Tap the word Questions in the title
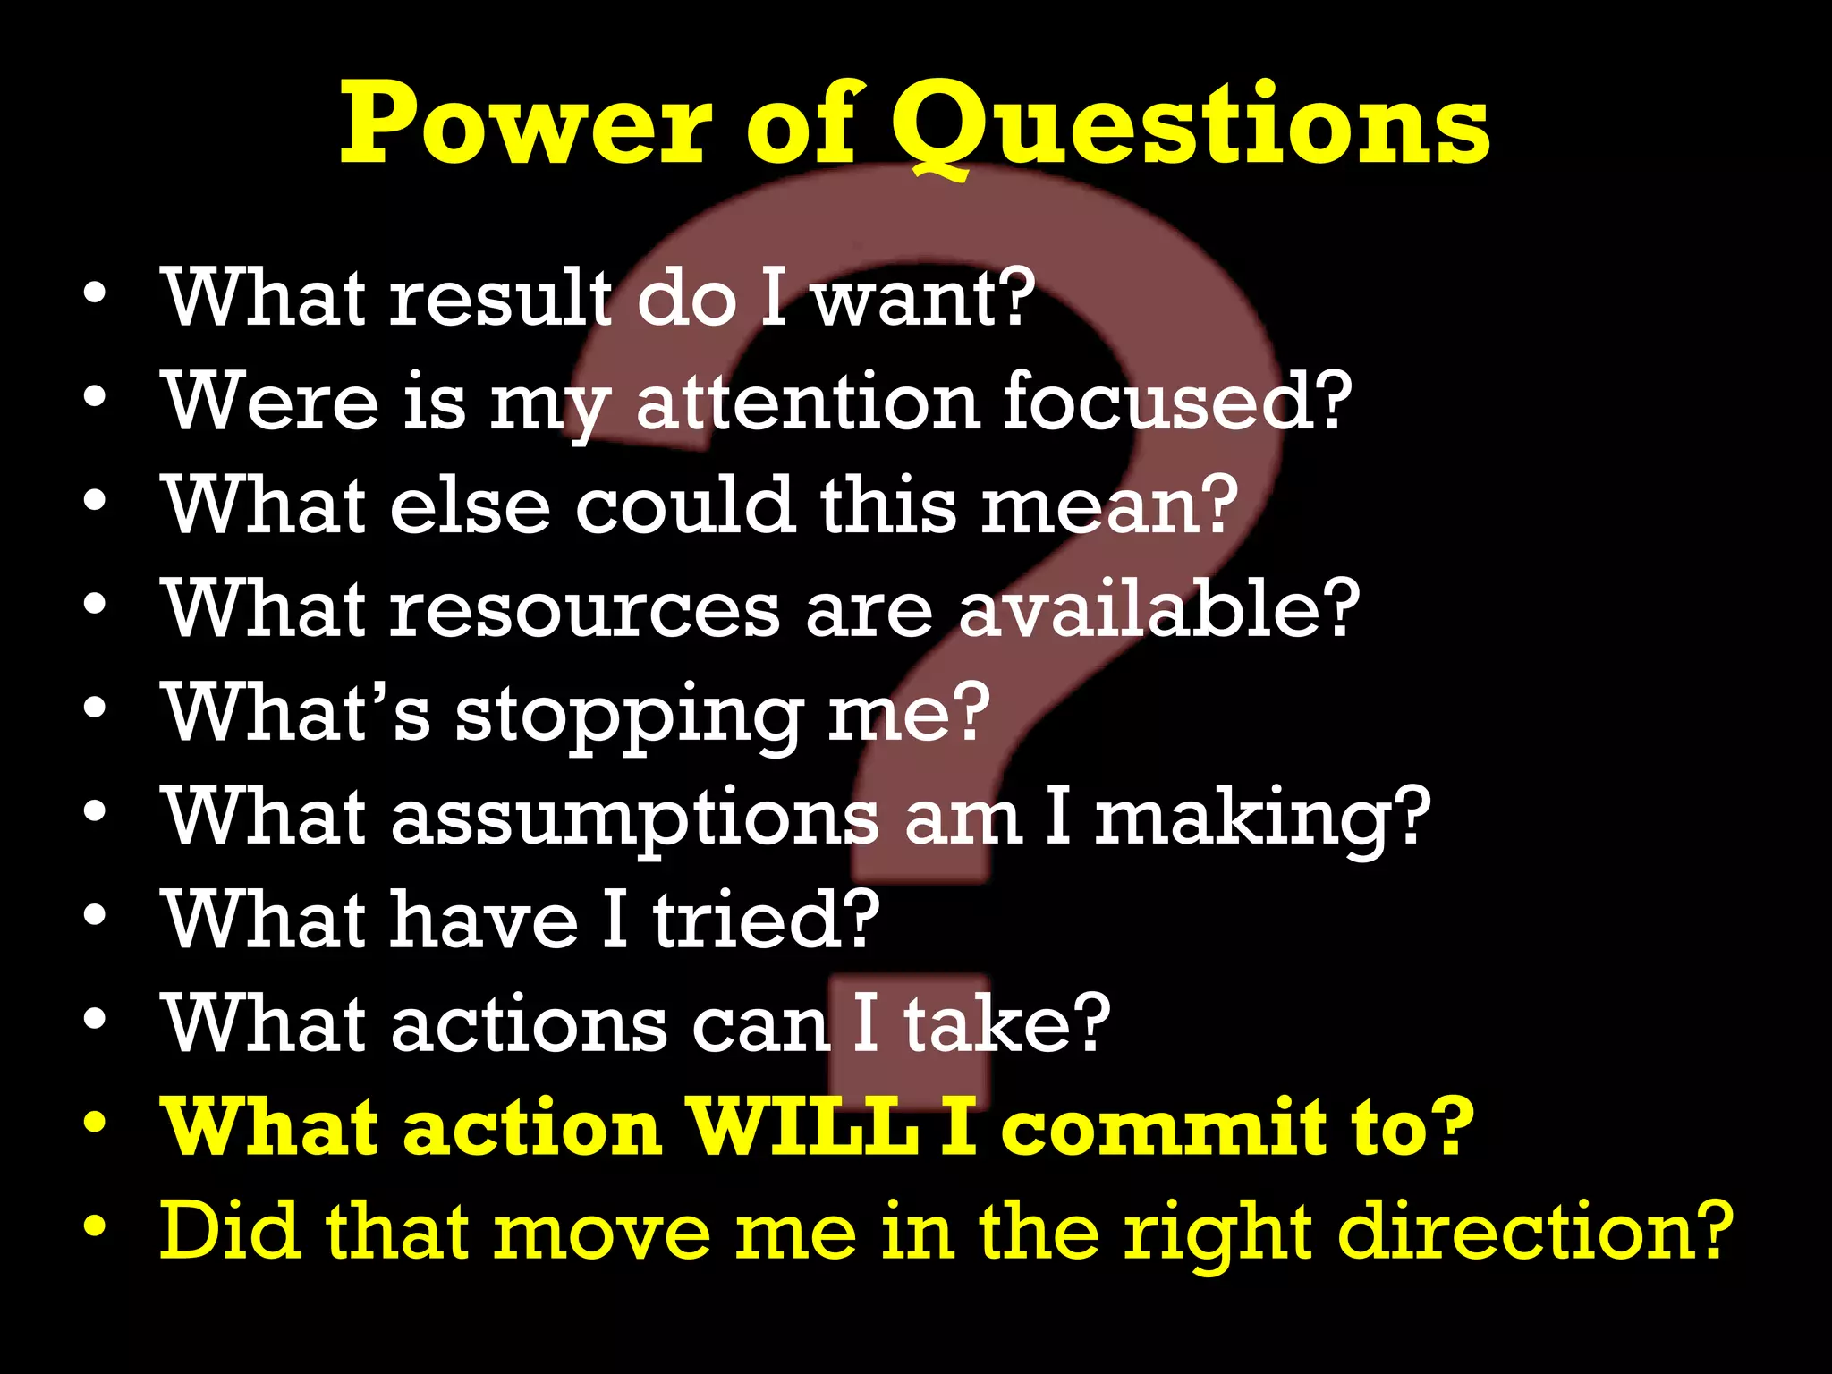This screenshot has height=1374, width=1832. pyautogui.click(x=1190, y=125)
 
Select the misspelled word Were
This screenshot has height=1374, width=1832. pyautogui.click(x=269, y=402)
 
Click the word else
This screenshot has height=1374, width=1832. pyautogui.click(x=469, y=505)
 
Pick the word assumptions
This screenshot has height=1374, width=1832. pyautogui.click(x=634, y=818)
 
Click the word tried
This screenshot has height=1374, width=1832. pyautogui.click(x=766, y=920)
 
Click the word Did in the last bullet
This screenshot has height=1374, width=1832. pyautogui.click(x=229, y=1233)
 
